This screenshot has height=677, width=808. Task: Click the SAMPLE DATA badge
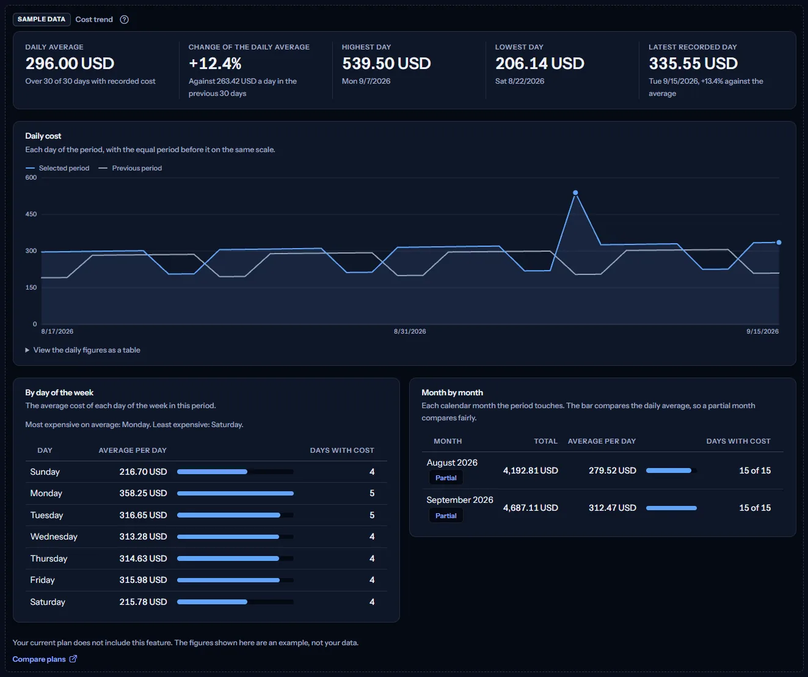coord(42,20)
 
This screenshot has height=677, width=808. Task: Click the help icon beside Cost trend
coord(124,20)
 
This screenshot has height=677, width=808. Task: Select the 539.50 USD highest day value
coord(386,64)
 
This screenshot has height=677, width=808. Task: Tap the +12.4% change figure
coord(215,64)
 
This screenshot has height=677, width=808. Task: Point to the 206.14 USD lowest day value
coord(540,64)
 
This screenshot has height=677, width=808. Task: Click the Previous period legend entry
coord(130,168)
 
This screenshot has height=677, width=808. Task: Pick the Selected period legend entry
coord(57,168)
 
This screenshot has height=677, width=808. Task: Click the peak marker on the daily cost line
coord(575,192)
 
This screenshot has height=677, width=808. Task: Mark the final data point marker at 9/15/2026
coord(779,243)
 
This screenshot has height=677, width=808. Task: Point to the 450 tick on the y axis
coord(31,214)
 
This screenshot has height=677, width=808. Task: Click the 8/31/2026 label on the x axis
coord(410,331)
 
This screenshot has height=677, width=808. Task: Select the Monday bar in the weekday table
coord(235,493)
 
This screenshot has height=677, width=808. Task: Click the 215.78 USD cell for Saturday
coord(143,602)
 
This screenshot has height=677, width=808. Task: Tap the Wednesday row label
coord(54,536)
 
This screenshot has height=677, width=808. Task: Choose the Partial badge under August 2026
coord(446,478)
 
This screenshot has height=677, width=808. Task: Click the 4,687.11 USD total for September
coord(531,508)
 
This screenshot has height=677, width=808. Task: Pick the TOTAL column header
coord(545,441)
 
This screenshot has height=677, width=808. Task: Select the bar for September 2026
coord(671,508)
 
